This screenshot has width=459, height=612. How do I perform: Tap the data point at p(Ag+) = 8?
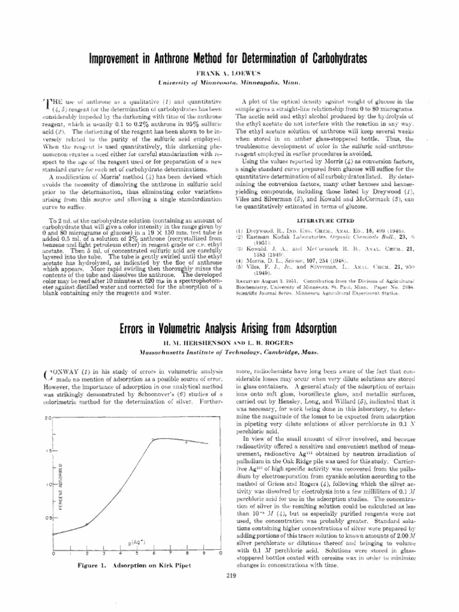click(x=186, y=442)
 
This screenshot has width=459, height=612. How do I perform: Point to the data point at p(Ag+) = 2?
click(x=87, y=524)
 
